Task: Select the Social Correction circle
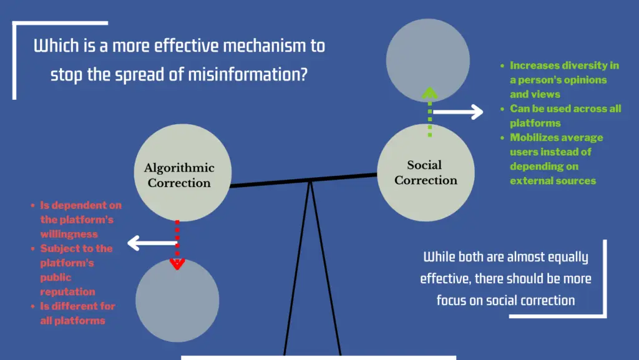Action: [426, 172]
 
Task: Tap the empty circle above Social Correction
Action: [427, 60]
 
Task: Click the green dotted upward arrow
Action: [429, 112]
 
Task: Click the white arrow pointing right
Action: [458, 112]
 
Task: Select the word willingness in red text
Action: [69, 234]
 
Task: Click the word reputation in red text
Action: [67, 291]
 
